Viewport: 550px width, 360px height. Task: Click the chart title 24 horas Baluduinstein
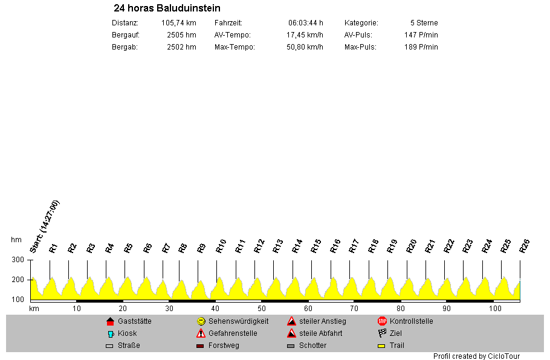coord(167,8)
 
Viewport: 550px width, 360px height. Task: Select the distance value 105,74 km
coord(178,23)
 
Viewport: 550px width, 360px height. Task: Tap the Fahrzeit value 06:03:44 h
coord(306,23)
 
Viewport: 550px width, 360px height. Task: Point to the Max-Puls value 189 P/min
coord(421,47)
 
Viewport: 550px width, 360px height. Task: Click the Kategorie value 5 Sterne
coord(424,23)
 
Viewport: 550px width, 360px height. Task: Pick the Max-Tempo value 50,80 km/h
coord(305,47)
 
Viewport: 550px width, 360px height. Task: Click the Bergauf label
coord(126,35)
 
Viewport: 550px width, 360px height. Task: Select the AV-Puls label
coord(358,35)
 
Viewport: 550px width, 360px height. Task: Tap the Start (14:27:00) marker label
coord(45,226)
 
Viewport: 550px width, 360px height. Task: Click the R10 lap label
coord(221,246)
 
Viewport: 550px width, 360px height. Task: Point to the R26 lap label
coord(525,246)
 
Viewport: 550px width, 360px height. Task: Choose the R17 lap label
coord(354,246)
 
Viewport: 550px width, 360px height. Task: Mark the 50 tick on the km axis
coord(262,308)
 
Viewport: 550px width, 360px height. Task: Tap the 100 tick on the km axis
coord(495,308)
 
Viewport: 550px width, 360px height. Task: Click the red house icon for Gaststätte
coord(110,321)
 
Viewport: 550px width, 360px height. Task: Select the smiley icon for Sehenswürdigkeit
coord(201,321)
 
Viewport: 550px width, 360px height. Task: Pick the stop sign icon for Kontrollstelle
coord(382,321)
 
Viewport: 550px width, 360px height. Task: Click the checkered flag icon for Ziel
coord(382,333)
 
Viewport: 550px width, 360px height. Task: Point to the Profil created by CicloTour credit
coord(476,356)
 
